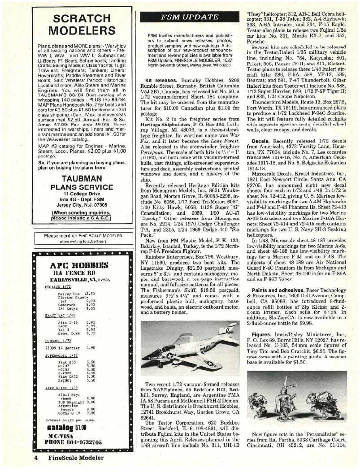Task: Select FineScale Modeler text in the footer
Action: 74,458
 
